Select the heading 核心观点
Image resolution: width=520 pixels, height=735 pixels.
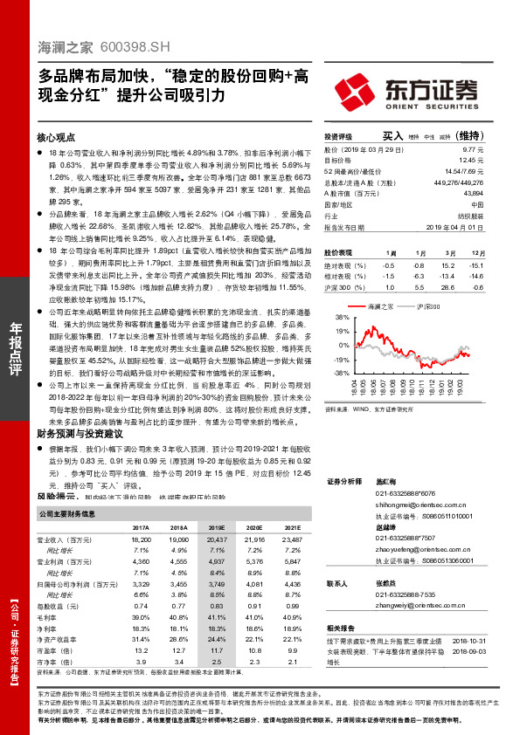[57, 138]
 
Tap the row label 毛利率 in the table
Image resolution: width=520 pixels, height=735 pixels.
[51, 616]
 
